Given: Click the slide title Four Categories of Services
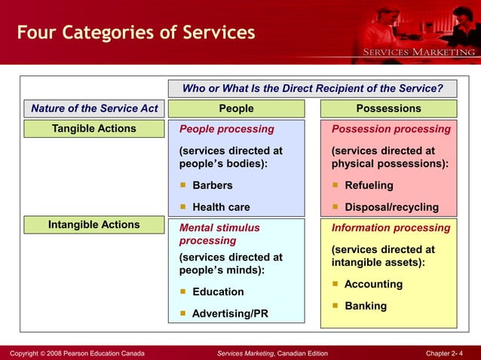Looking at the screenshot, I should (x=136, y=34).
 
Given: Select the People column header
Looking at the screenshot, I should (x=236, y=108).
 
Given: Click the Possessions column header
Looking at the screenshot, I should (x=388, y=108).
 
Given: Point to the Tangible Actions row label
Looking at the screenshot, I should (x=94, y=129).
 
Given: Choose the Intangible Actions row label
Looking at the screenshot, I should (x=94, y=224).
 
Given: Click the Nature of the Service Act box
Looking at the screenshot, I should (x=94, y=108).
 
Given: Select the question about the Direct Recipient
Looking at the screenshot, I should (x=312, y=88).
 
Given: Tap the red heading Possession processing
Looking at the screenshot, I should (x=391, y=129).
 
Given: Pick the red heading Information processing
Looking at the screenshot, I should (x=391, y=227).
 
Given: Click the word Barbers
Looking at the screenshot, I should (x=213, y=185).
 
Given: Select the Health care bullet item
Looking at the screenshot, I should (x=221, y=207).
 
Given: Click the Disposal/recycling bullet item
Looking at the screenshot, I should (x=391, y=207).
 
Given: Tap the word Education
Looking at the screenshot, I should (x=218, y=291).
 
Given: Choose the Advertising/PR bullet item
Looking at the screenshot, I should (x=229, y=313).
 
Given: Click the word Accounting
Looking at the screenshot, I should (x=373, y=284).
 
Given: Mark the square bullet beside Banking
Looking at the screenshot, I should (x=335, y=306).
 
